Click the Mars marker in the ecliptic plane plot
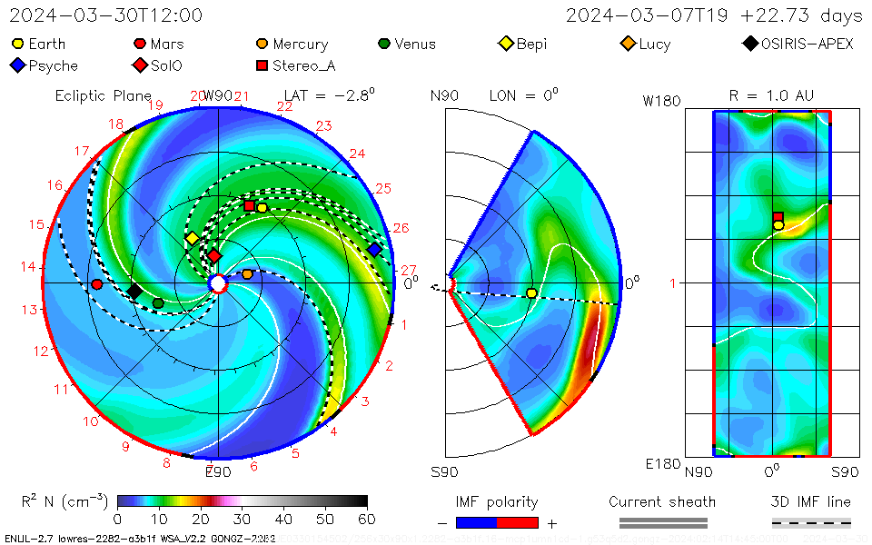tap(97, 284)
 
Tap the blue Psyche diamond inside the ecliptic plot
tap(374, 249)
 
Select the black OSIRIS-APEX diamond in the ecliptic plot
tap(134, 291)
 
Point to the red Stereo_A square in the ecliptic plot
tap(250, 206)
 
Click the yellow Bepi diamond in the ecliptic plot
tap(192, 238)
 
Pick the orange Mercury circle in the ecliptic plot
tap(247, 273)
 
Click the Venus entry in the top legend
tap(406, 44)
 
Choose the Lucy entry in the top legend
tap(646, 44)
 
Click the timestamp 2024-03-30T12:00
tap(105, 15)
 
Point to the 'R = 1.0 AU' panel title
tap(771, 95)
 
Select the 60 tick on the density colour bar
tap(367, 520)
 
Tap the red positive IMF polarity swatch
tap(518, 522)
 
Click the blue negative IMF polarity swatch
tap(476, 522)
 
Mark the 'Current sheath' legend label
tap(662, 501)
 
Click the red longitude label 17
tap(82, 152)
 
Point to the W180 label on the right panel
tap(661, 101)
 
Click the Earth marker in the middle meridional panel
tap(531, 292)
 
